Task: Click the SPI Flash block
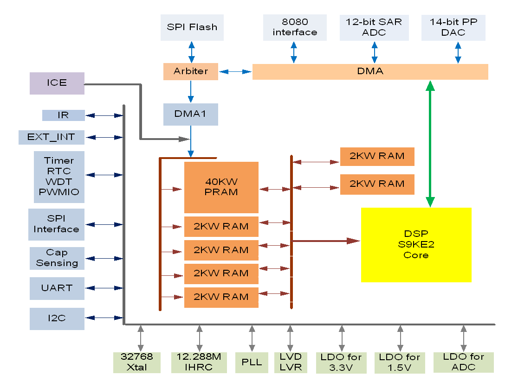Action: tap(192, 27)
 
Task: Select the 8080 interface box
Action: tap(295, 27)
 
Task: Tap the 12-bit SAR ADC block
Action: tap(374, 27)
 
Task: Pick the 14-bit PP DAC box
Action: tap(453, 27)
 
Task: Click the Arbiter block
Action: tap(190, 71)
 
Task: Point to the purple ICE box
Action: tap(57, 83)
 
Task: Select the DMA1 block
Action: tap(190, 114)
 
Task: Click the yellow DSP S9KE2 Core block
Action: tap(416, 245)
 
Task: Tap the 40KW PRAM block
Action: tap(221, 187)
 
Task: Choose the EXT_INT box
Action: tap(52, 137)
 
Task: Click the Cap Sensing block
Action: tap(57, 258)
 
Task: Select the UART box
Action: tap(57, 288)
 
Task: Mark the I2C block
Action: tap(57, 318)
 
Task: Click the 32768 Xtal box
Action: tap(136, 362)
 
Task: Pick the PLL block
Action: tap(252, 362)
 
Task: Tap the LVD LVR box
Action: tap(291, 362)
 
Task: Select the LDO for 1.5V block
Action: tap(400, 363)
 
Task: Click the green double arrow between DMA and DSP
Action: tap(430, 144)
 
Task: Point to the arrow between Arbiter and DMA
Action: tap(235, 72)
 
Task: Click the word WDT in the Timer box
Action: tap(59, 181)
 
